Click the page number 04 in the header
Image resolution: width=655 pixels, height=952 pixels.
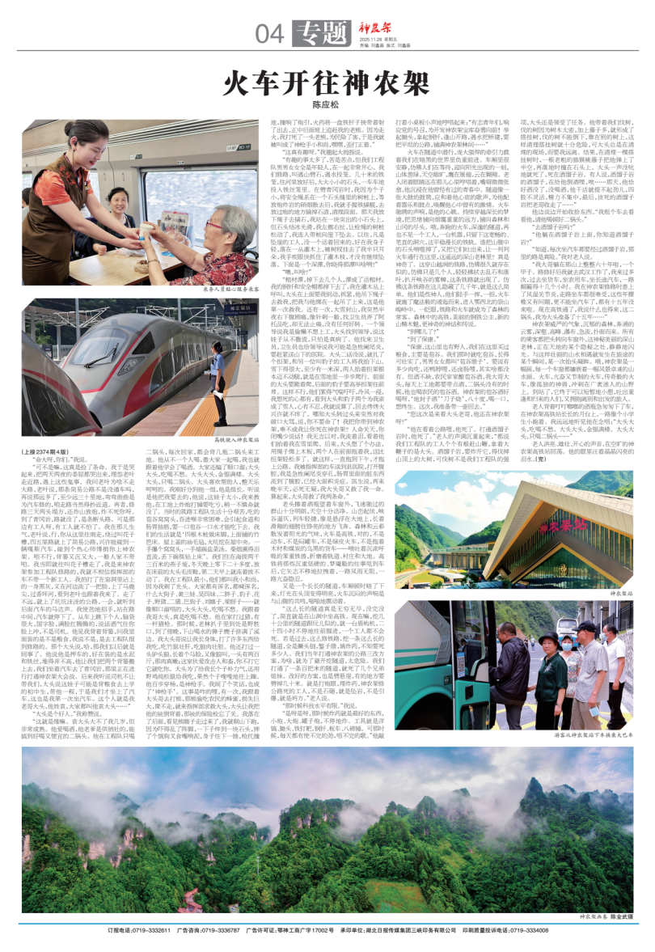tap(271, 33)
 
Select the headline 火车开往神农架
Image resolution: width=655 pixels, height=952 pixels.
tap(327, 82)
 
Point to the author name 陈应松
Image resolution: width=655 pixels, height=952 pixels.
tap(326, 104)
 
